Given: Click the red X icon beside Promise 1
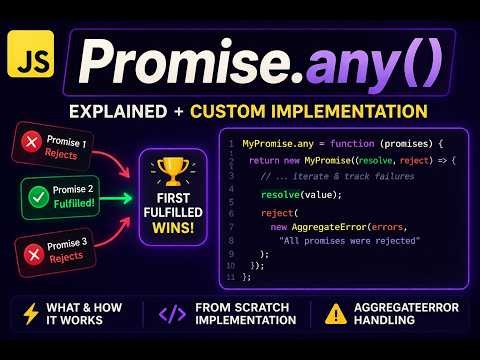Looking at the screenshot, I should pos(29,145).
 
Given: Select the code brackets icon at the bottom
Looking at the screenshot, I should pos(172,313).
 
